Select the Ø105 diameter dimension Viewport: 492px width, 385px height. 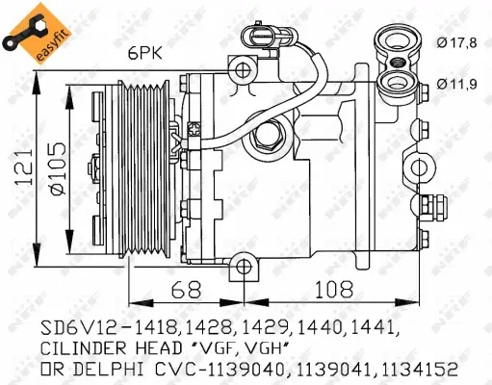(57, 176)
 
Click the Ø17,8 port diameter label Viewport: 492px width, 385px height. (454, 40)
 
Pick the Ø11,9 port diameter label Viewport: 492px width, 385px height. (454, 84)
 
